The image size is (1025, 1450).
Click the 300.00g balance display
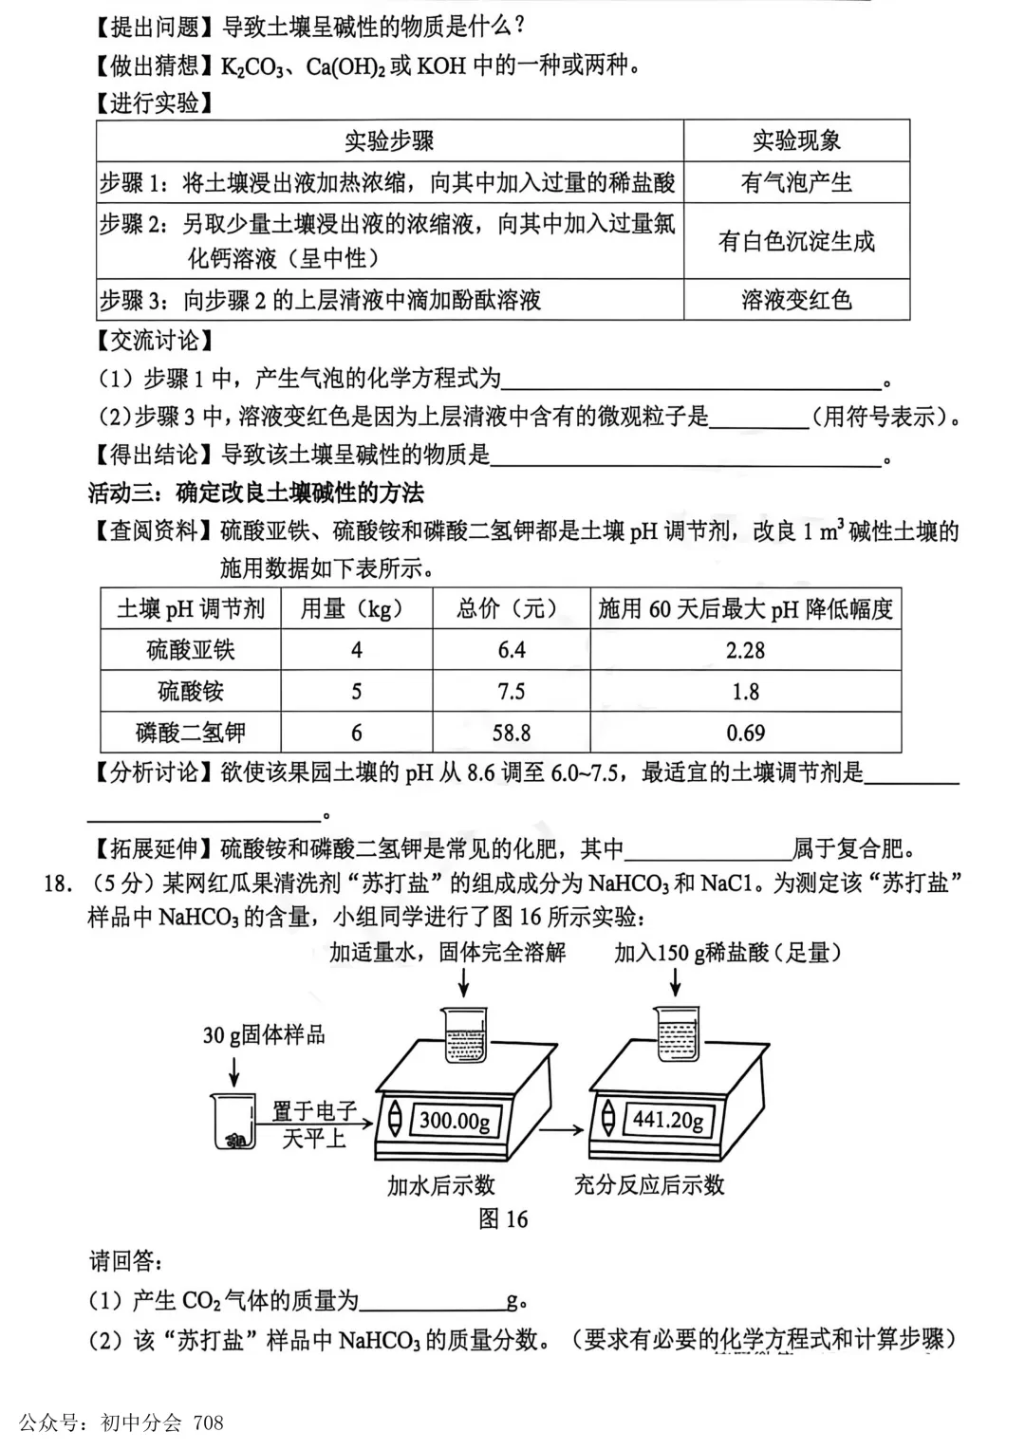pos(455,1121)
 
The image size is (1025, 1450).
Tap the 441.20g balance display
pos(668,1120)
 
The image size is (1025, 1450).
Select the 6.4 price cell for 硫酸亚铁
pos(511,650)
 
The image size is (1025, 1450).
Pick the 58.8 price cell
pos(511,733)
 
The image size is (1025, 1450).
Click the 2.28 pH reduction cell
pos(745,650)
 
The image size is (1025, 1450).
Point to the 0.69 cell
pos(745,733)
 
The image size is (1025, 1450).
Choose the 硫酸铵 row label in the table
pos(191,691)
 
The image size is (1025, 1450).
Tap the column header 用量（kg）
pos(356,608)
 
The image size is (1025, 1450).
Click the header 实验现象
pos(796,141)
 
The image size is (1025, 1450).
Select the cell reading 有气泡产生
pos(796,182)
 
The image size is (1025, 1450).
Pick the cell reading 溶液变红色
pos(796,300)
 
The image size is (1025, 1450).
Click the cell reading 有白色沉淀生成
pos(796,241)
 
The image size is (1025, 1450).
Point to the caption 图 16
pos(503,1219)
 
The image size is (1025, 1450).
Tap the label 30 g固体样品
pos(263,1034)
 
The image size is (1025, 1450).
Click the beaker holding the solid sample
pos(233,1121)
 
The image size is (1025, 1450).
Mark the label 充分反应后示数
pos(649,1184)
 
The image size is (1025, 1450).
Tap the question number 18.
pos(57,883)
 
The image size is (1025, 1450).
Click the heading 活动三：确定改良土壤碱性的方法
pos(255,493)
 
